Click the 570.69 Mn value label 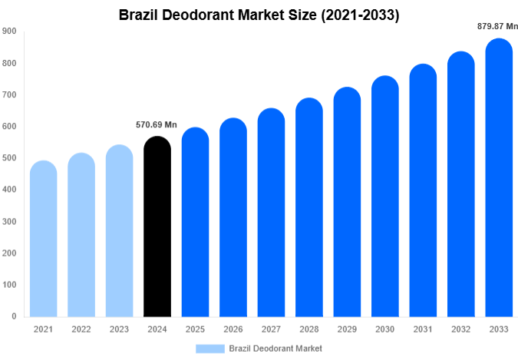pyautogui.click(x=157, y=125)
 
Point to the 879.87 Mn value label pyautogui.click(x=497, y=26)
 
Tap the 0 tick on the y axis pyautogui.click(x=14, y=316)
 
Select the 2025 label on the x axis pyautogui.click(x=195, y=329)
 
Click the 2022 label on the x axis pyautogui.click(x=81, y=329)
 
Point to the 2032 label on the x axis pyautogui.click(x=460, y=329)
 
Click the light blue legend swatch pyautogui.click(x=210, y=348)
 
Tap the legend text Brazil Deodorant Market pyautogui.click(x=275, y=348)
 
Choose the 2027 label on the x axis pyautogui.click(x=270, y=329)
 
